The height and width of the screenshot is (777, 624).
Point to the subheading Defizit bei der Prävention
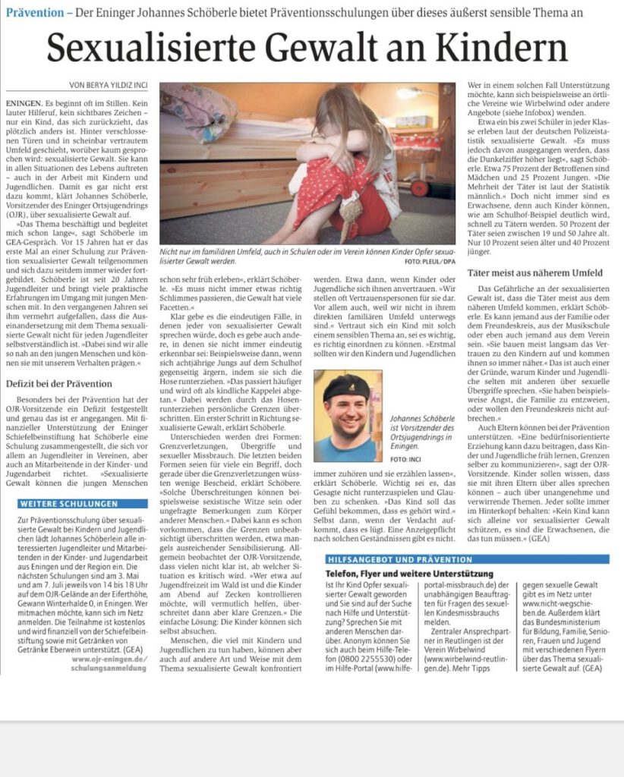tap(59, 383)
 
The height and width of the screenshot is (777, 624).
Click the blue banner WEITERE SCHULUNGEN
tap(68, 503)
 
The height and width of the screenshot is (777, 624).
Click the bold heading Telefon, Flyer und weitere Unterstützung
tap(409, 574)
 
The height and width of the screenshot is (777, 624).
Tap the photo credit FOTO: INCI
tap(407, 459)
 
